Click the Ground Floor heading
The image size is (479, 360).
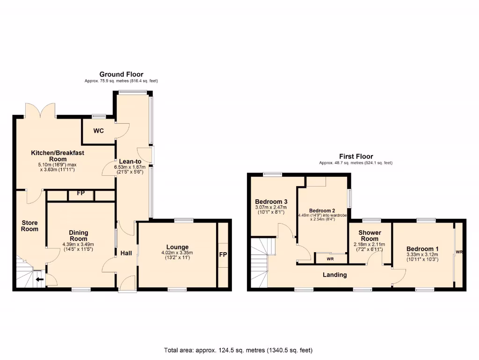pyautogui.click(x=121, y=74)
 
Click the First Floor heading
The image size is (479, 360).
pyautogui.click(x=356, y=157)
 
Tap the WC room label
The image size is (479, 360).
pyautogui.click(x=98, y=131)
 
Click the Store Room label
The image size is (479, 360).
pyautogui.click(x=29, y=226)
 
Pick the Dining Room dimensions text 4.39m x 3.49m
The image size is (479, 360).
pyautogui.click(x=78, y=244)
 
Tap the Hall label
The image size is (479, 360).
pyautogui.click(x=126, y=253)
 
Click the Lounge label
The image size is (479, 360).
pyautogui.click(x=178, y=247)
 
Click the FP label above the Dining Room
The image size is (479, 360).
pyautogui.click(x=80, y=193)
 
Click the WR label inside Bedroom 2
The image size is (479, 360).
pyautogui.click(x=330, y=259)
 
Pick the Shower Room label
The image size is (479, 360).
pyautogui.click(x=370, y=236)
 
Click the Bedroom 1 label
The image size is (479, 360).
pyautogui.click(x=422, y=248)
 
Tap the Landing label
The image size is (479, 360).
pyautogui.click(x=335, y=275)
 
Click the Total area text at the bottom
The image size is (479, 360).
pyautogui.click(x=238, y=350)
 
